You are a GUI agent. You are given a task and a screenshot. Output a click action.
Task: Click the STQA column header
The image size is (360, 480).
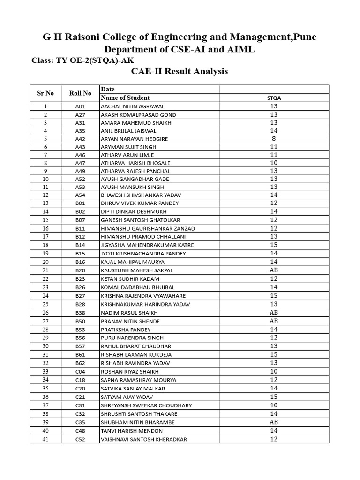point(274,98)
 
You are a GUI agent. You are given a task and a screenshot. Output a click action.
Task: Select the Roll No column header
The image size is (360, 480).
point(80,93)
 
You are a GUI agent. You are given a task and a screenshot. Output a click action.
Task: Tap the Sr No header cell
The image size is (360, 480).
point(45,93)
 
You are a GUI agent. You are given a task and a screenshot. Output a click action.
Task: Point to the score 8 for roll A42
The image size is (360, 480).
point(274,139)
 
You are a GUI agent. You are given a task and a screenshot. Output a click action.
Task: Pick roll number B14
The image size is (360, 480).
point(80,245)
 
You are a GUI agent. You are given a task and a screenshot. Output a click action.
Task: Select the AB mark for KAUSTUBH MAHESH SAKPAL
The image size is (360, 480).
point(274,270)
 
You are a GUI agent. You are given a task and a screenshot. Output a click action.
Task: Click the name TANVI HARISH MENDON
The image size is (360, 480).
point(131,431)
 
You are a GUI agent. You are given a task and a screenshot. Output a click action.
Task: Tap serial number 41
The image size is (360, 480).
point(45,439)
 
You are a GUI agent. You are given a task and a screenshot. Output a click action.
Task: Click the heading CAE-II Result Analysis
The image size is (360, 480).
point(180,72)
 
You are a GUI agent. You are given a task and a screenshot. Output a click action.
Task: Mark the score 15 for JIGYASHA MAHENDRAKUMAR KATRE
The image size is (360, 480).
point(274,245)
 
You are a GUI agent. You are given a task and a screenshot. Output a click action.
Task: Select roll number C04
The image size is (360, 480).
point(80,372)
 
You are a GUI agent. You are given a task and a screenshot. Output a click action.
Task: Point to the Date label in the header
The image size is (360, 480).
point(107,89)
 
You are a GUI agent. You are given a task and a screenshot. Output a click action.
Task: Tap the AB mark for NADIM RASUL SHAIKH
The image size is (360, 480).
point(274,313)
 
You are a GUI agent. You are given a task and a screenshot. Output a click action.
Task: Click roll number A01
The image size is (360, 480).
point(80,106)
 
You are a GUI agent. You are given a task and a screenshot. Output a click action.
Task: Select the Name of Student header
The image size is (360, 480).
point(125,97)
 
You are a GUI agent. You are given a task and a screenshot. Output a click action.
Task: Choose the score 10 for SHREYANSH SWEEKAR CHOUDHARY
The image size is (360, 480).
point(274,405)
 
